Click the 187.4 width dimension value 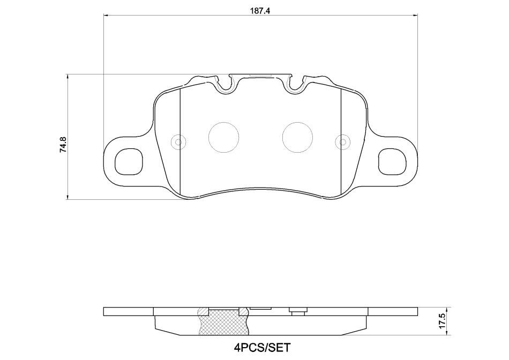pyautogui.click(x=260, y=10)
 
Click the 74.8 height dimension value pyautogui.click(x=63, y=145)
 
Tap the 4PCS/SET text pyautogui.click(x=261, y=348)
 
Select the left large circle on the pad pyautogui.click(x=223, y=137)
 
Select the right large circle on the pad pyautogui.click(x=298, y=137)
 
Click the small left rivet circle pyautogui.click(x=178, y=142)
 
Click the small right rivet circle pyautogui.click(x=343, y=142)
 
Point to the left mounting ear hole pyautogui.click(x=129, y=161)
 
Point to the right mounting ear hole pyautogui.click(x=392, y=161)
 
